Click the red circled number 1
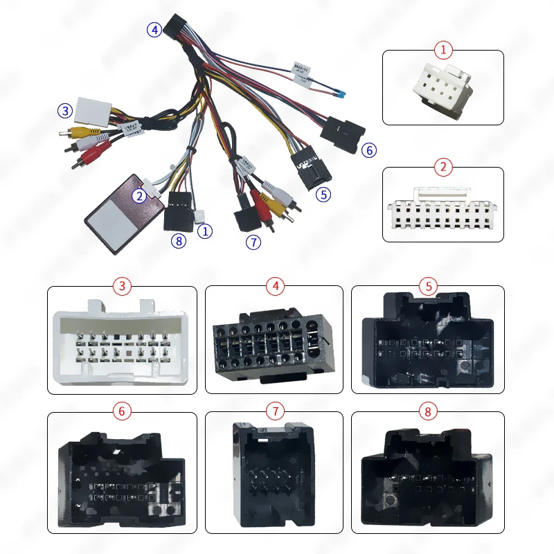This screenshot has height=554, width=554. [443, 50]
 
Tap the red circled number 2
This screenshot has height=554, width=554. [443, 167]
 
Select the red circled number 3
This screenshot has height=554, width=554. [123, 285]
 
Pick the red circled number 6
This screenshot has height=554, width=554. [123, 411]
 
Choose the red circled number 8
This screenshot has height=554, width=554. [428, 411]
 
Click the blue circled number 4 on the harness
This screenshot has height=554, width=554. [153, 29]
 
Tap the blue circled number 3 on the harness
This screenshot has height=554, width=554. [65, 111]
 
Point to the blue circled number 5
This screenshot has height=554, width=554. [323, 195]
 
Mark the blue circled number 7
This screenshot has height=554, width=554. [254, 242]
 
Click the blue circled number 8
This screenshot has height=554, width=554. [178, 242]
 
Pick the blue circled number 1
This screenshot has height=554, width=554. [205, 231]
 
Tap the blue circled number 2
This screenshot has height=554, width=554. [140, 196]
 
